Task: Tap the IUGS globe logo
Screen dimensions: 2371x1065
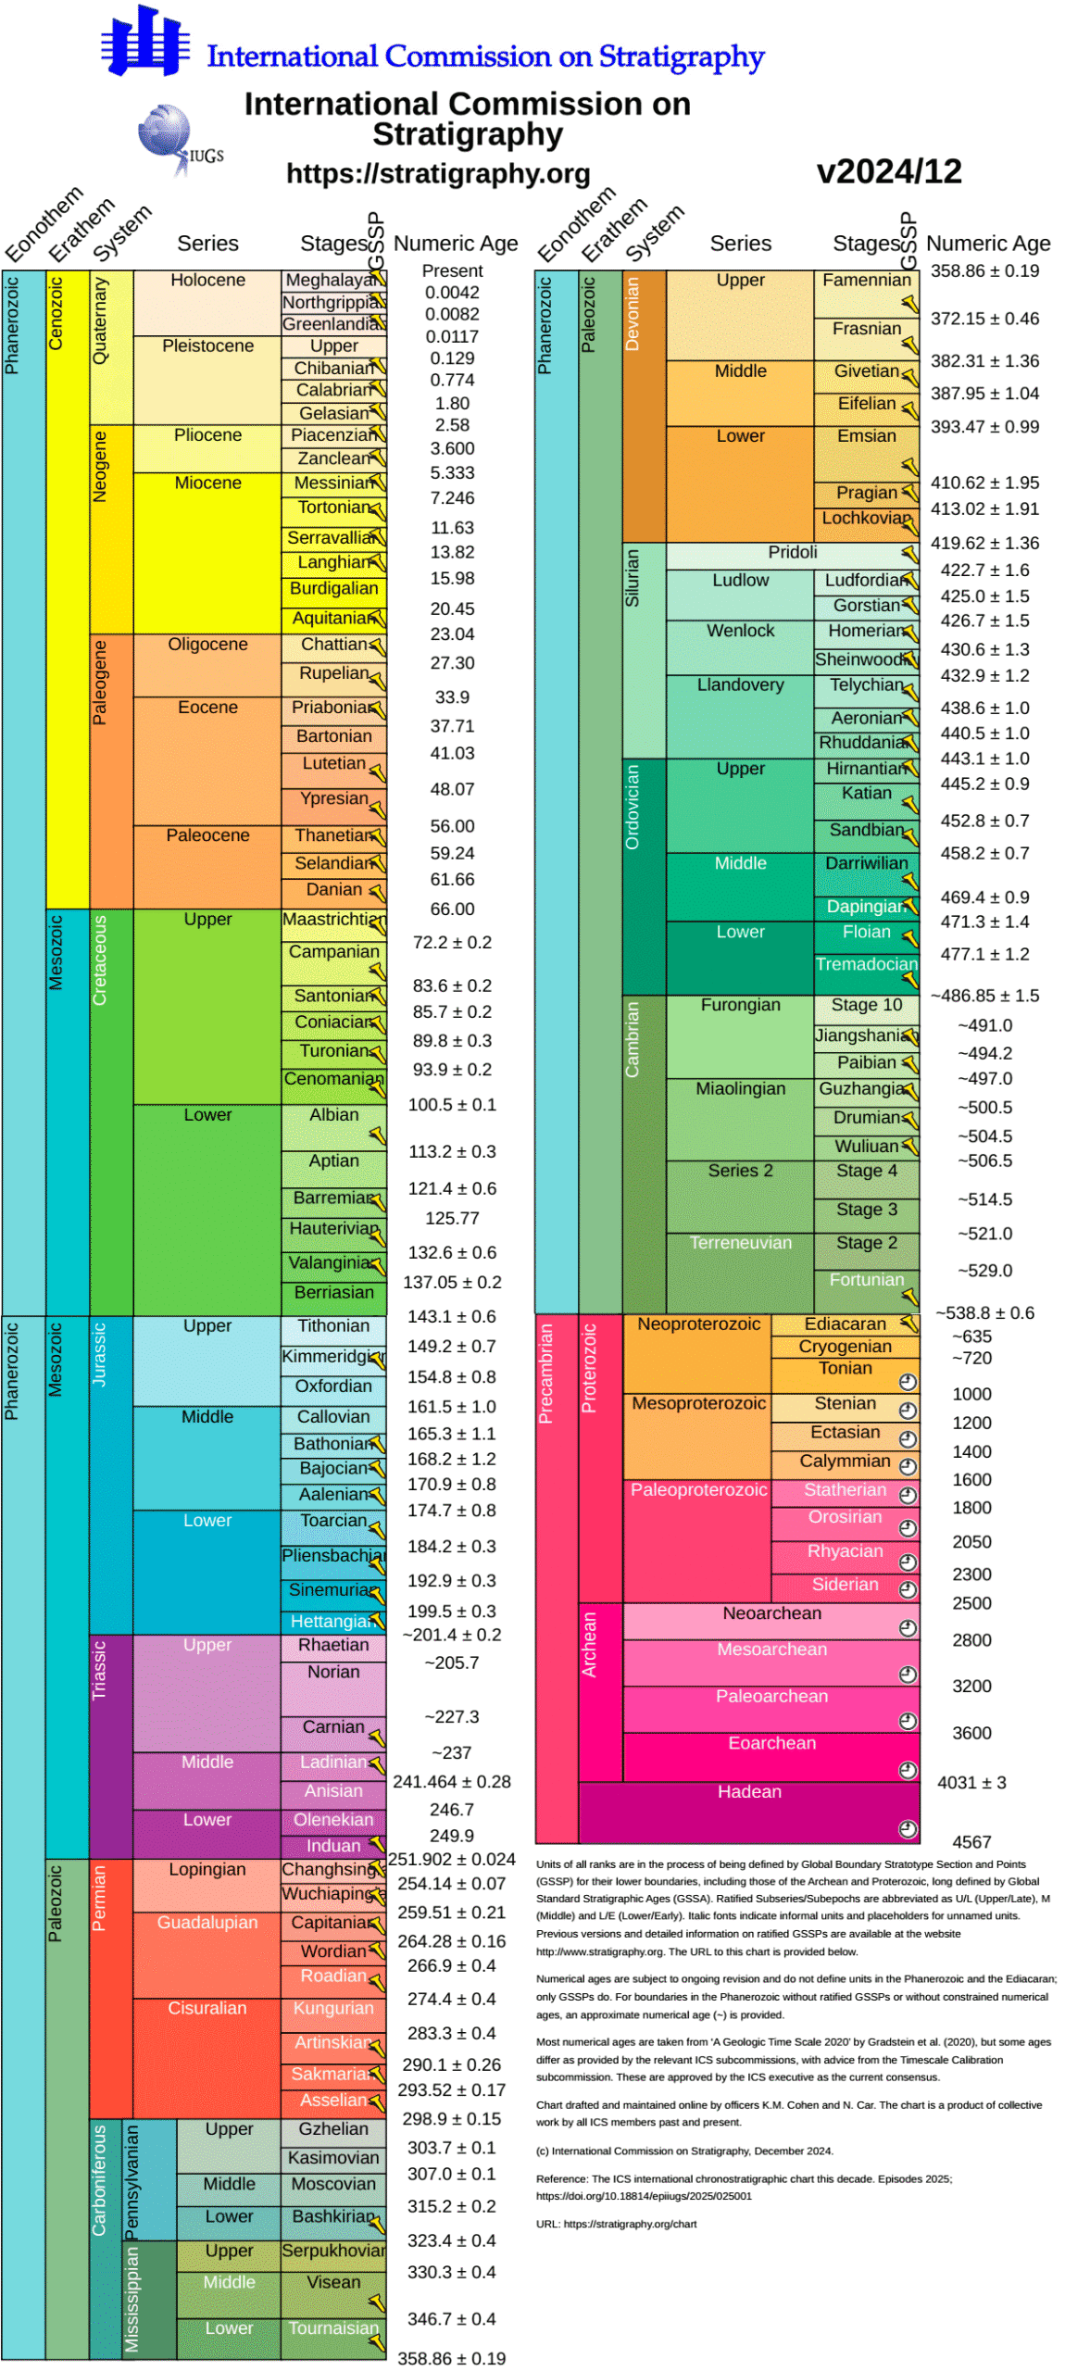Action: coord(167,134)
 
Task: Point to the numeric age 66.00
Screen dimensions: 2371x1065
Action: coord(451,908)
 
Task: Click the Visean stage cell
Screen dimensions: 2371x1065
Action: coord(333,2281)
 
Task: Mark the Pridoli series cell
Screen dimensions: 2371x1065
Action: coord(792,552)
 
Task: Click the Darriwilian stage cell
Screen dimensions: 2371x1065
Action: coord(866,862)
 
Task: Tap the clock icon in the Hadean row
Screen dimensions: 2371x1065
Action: coord(907,1827)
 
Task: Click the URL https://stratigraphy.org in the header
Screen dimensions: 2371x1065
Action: coord(437,173)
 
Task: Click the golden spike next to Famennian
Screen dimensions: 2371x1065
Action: coord(908,303)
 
